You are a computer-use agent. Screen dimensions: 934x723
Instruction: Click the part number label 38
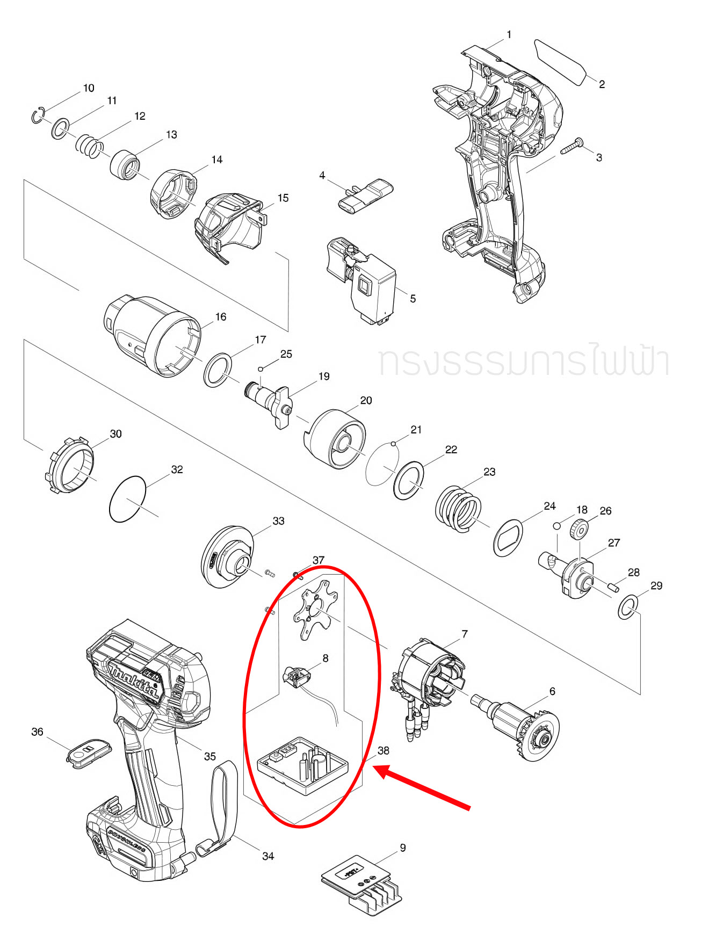click(383, 750)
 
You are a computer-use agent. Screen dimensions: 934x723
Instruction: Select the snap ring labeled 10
click(38, 116)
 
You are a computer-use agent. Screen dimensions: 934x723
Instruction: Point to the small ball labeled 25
click(261, 369)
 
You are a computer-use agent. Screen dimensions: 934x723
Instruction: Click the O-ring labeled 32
click(127, 498)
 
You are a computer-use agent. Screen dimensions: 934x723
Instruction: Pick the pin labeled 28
click(613, 587)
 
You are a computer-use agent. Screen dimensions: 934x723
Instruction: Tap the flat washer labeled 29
click(627, 607)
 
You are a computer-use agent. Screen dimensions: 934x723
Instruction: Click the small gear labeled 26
click(579, 530)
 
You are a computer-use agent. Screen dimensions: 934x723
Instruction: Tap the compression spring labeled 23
click(458, 509)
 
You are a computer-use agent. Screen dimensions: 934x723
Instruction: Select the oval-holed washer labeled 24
click(508, 538)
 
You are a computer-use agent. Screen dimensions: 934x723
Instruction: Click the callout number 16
click(221, 317)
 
